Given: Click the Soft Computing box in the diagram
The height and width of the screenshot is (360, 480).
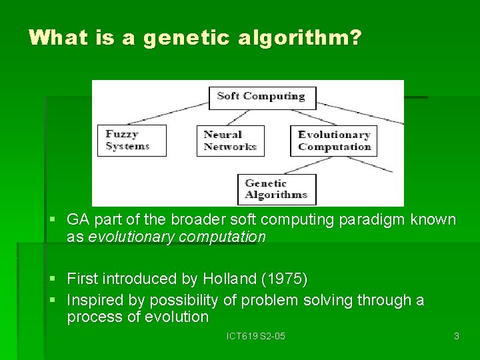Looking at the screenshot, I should (x=261, y=96).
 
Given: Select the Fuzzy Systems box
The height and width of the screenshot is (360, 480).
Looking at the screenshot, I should (x=131, y=141).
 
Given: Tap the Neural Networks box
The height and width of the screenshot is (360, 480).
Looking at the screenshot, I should (x=230, y=141).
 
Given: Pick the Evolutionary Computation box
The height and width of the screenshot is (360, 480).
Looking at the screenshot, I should (x=334, y=141).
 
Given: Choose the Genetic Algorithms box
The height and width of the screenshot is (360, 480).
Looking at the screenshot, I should (x=276, y=189).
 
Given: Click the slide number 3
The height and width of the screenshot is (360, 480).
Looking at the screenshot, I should (x=456, y=336).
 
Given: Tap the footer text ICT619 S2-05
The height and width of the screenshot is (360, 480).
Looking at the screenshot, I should (x=256, y=336).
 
